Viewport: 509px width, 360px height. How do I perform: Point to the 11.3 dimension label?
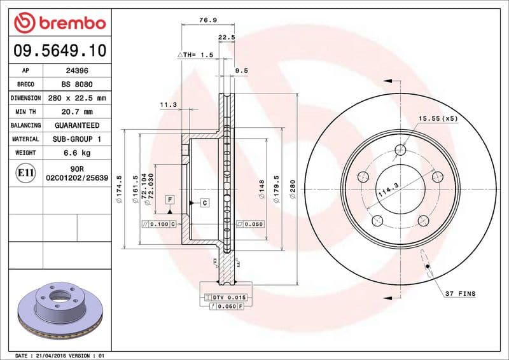[x=168, y=104]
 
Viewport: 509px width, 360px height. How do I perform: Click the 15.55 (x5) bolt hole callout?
[x=438, y=119]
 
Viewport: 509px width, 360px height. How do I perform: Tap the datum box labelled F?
[x=170, y=200]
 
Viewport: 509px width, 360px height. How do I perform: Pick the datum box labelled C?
[x=205, y=203]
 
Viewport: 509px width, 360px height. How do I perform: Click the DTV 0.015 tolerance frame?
[x=227, y=298]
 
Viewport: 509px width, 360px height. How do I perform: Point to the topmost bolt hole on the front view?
[x=400, y=150]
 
